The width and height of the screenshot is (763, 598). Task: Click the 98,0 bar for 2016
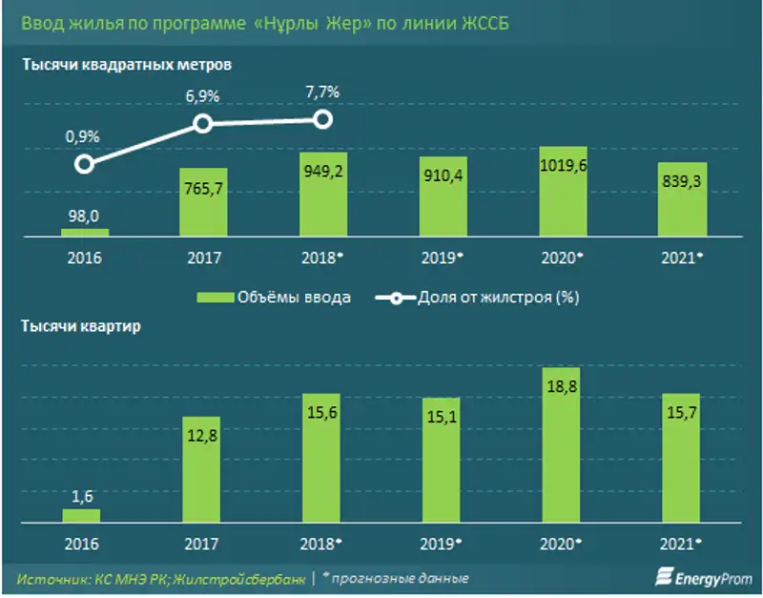coord(84,232)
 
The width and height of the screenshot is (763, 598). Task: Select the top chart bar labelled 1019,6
coord(562,191)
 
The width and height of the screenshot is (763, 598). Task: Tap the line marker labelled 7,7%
coord(322,119)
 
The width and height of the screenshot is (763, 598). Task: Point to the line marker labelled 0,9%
coord(84,164)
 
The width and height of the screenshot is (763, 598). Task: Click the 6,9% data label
coord(201,97)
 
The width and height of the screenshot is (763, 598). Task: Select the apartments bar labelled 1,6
coord(82,516)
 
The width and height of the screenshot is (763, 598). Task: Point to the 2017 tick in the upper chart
coord(201,258)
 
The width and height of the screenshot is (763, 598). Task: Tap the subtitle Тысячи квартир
coord(81,326)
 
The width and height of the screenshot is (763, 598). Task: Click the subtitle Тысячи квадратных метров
coord(126,66)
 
